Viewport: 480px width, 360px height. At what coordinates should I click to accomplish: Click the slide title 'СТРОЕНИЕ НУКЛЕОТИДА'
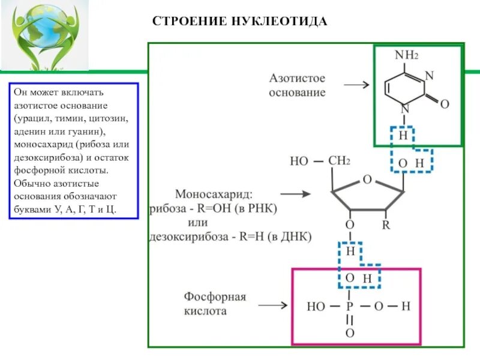tap(239, 22)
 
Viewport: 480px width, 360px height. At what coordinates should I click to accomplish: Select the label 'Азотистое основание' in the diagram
tap(297, 85)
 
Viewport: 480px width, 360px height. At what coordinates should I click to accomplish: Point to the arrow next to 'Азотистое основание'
tap(356, 85)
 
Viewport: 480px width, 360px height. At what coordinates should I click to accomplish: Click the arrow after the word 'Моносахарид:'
tap(295, 194)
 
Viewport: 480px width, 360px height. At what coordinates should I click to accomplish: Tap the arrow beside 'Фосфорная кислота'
tap(274, 305)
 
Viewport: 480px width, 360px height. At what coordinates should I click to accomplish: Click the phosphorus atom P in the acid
tap(350, 307)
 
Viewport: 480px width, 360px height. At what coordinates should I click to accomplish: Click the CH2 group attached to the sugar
tap(340, 161)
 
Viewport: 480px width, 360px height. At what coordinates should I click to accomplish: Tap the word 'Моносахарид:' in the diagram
tap(214, 194)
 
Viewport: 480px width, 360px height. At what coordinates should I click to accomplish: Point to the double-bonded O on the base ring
tap(445, 104)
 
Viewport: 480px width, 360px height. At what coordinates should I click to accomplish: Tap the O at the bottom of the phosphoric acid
tap(350, 332)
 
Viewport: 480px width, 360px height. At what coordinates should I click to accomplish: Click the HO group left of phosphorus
tap(316, 307)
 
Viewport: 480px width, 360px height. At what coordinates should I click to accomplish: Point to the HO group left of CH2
tap(299, 161)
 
